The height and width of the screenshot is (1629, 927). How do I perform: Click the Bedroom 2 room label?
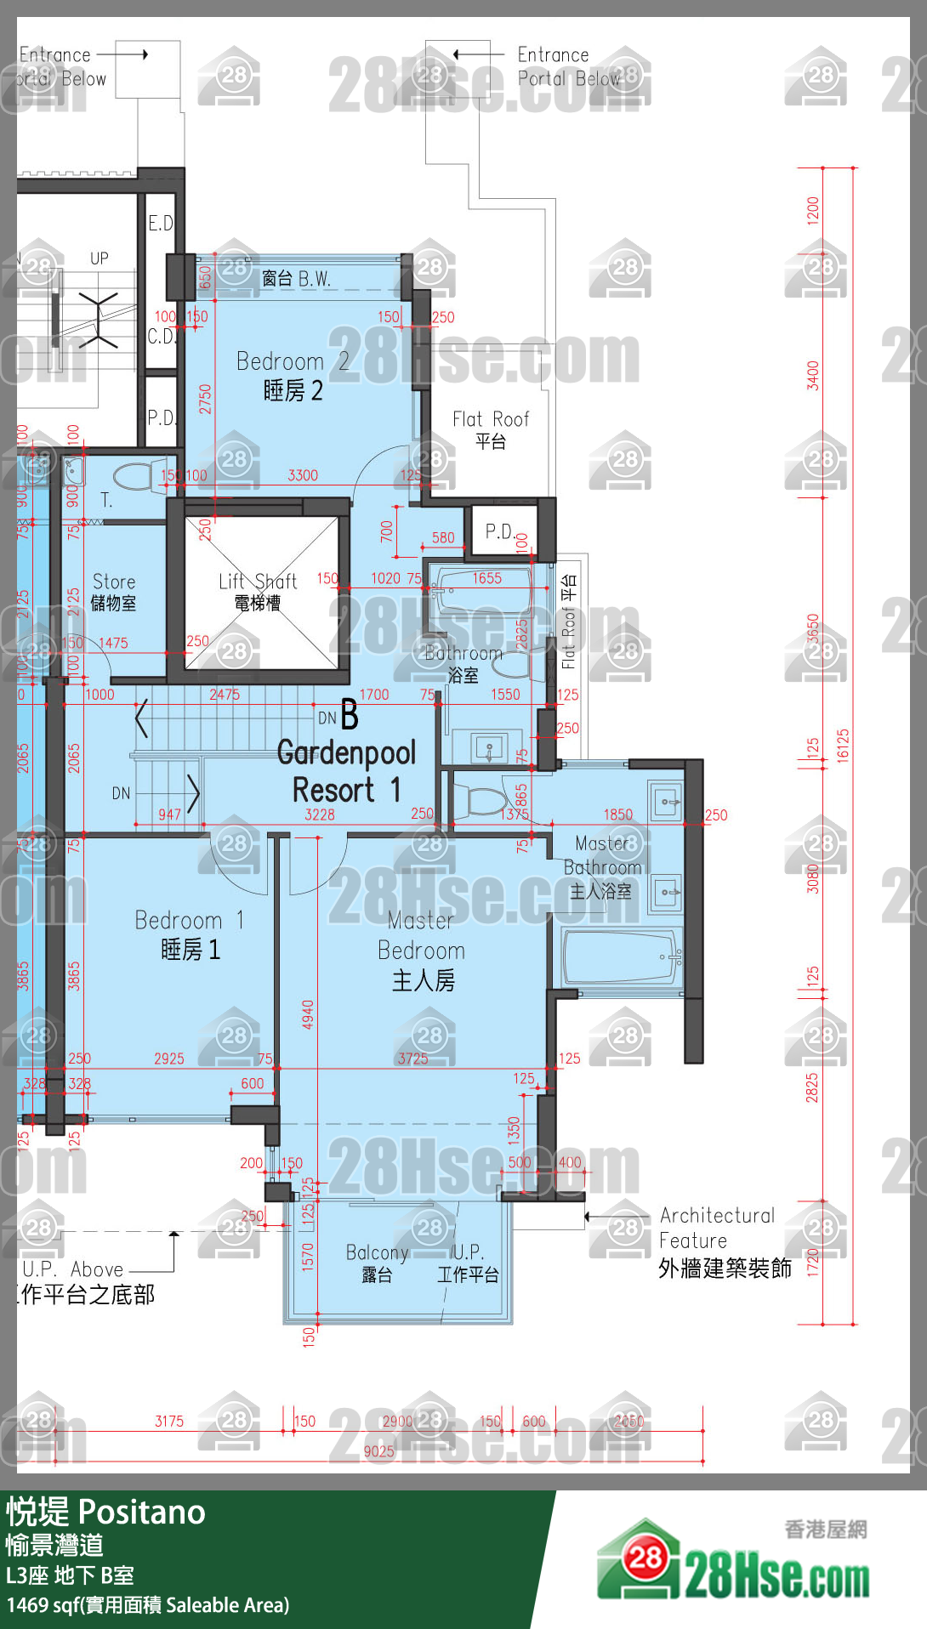pyautogui.click(x=292, y=376)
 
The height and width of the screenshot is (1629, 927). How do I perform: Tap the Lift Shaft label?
pyautogui.click(x=258, y=591)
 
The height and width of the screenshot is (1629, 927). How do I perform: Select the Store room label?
pyautogui.click(x=114, y=592)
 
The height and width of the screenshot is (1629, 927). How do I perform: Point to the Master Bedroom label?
pyautogui.click(x=422, y=950)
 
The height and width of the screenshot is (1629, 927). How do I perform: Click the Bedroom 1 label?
pyautogui.click(x=191, y=934)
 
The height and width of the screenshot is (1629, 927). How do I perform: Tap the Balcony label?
pyautogui.click(x=377, y=1262)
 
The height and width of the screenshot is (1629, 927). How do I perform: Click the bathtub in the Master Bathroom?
pyautogui.click(x=621, y=957)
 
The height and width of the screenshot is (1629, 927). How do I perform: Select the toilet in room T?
pyautogui.click(x=134, y=476)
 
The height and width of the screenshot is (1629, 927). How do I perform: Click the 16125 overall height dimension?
pyautogui.click(x=843, y=746)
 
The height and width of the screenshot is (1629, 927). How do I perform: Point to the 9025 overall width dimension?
pyautogui.click(x=379, y=1451)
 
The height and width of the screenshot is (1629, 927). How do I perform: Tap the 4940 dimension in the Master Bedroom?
pyautogui.click(x=308, y=1014)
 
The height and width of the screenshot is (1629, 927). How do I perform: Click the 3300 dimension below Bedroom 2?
pyautogui.click(x=303, y=475)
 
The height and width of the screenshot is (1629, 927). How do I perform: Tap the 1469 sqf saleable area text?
pyautogui.click(x=148, y=1605)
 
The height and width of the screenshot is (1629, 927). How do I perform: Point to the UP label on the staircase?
pyautogui.click(x=100, y=258)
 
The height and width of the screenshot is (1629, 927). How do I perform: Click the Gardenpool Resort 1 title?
pyautogui.click(x=346, y=771)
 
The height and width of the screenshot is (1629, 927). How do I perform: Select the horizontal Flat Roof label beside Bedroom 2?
pyautogui.click(x=491, y=429)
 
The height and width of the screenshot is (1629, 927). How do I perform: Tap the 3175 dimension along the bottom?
pyautogui.click(x=169, y=1421)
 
